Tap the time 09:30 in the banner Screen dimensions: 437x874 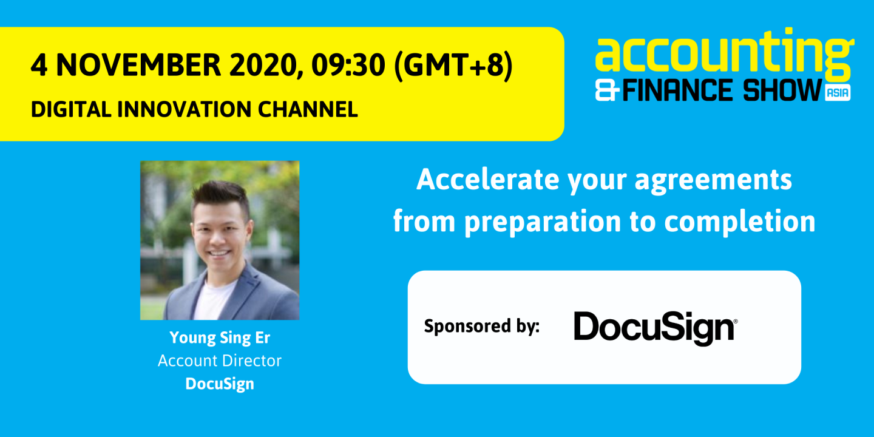pyautogui.click(x=348, y=66)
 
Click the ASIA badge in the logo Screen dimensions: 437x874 pyautogui.click(x=838, y=93)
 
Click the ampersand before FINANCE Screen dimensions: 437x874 pyautogui.click(x=608, y=92)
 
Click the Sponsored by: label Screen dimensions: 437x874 pyautogui.click(x=481, y=327)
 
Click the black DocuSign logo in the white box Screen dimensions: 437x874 pyautogui.click(x=655, y=327)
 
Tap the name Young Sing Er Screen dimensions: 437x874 pyautogui.click(x=219, y=337)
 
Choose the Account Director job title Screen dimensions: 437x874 pyautogui.click(x=220, y=361)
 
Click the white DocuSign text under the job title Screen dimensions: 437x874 pyautogui.click(x=220, y=384)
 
